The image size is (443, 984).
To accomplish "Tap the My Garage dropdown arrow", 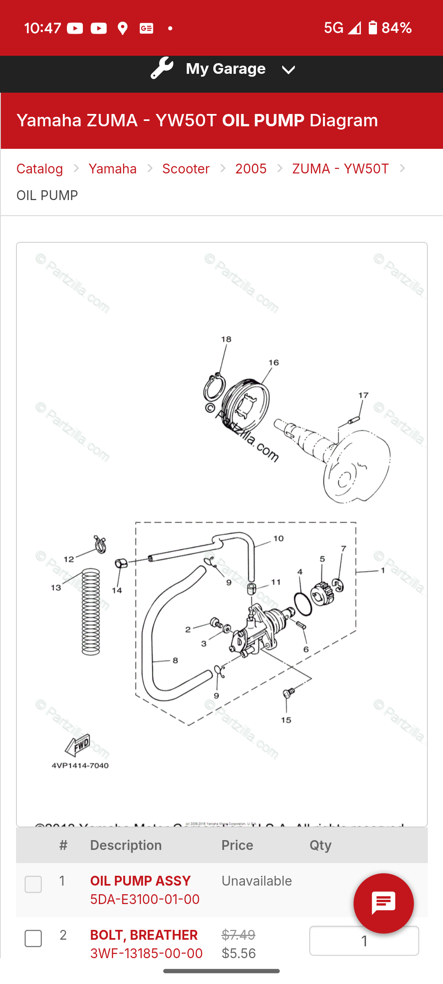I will [x=288, y=70].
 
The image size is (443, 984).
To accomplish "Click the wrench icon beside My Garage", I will [x=162, y=68].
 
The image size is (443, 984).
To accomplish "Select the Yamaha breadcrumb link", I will [x=113, y=169].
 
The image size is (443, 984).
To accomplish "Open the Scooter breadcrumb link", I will [x=186, y=169].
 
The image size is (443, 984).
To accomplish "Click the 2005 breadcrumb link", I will [x=251, y=169].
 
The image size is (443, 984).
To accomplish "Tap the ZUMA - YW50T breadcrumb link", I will [x=340, y=169].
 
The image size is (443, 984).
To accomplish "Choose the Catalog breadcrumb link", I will [x=40, y=169].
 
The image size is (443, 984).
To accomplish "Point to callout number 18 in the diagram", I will [x=226, y=339].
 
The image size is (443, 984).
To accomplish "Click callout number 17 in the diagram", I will [x=363, y=396].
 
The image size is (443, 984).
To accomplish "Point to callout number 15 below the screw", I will [x=286, y=720].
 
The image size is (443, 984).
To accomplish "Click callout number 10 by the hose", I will [x=279, y=538].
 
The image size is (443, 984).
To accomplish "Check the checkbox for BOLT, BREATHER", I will [x=33, y=938].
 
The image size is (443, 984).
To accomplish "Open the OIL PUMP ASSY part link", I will [x=140, y=881].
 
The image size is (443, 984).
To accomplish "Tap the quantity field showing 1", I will [x=364, y=941].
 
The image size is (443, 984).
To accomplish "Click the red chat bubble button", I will [x=384, y=903].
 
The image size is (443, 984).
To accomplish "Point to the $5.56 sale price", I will [x=239, y=954].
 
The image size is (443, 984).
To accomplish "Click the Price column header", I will [x=237, y=845].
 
